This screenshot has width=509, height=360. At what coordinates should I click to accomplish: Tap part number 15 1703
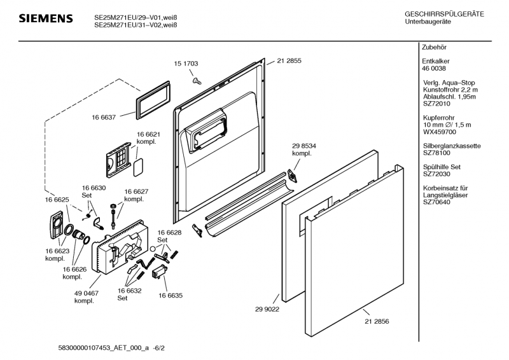point(186,64)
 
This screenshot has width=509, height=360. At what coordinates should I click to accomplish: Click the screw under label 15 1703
point(197,80)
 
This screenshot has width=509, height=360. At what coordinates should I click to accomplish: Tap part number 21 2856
point(377,322)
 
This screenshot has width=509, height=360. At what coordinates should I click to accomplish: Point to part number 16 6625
point(57,200)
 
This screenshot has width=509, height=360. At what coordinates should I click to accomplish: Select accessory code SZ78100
point(437,153)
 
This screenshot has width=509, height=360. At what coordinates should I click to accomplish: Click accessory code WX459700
point(439,132)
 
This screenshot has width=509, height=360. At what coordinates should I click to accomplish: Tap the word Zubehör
point(434,48)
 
